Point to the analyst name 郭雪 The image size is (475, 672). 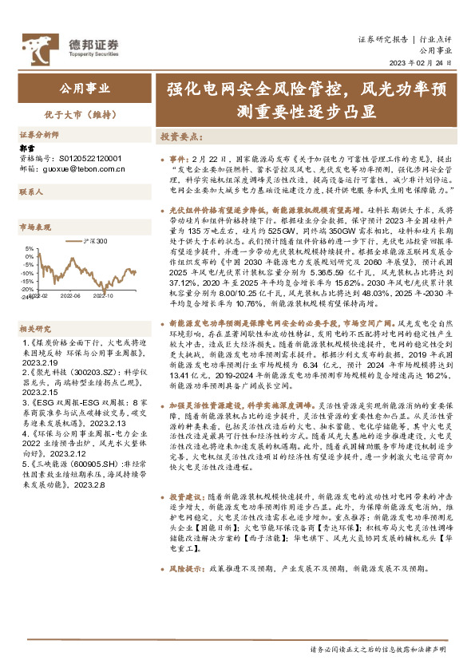27,149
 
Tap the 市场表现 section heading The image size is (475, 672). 34,227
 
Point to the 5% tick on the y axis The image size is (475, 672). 29,248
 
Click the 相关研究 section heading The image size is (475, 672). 34,306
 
